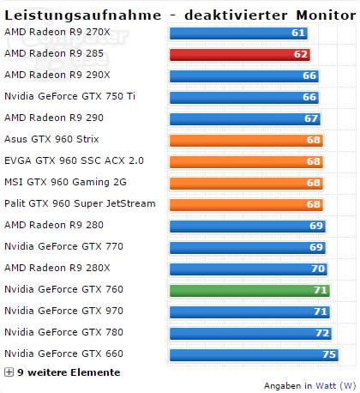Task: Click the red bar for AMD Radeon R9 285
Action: [x=240, y=54]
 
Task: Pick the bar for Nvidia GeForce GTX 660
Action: [x=253, y=354]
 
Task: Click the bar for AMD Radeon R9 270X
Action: [x=238, y=33]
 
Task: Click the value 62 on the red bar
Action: [x=300, y=54]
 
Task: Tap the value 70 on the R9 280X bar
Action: [x=318, y=269]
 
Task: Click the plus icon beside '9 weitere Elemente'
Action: [x=9, y=372]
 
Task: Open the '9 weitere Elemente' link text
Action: [x=69, y=372]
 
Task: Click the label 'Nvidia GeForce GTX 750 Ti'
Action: [x=69, y=96]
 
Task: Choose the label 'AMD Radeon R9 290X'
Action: [x=56, y=75]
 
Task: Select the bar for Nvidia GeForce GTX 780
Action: [x=250, y=333]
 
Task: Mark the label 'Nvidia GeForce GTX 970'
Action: [x=63, y=311]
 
